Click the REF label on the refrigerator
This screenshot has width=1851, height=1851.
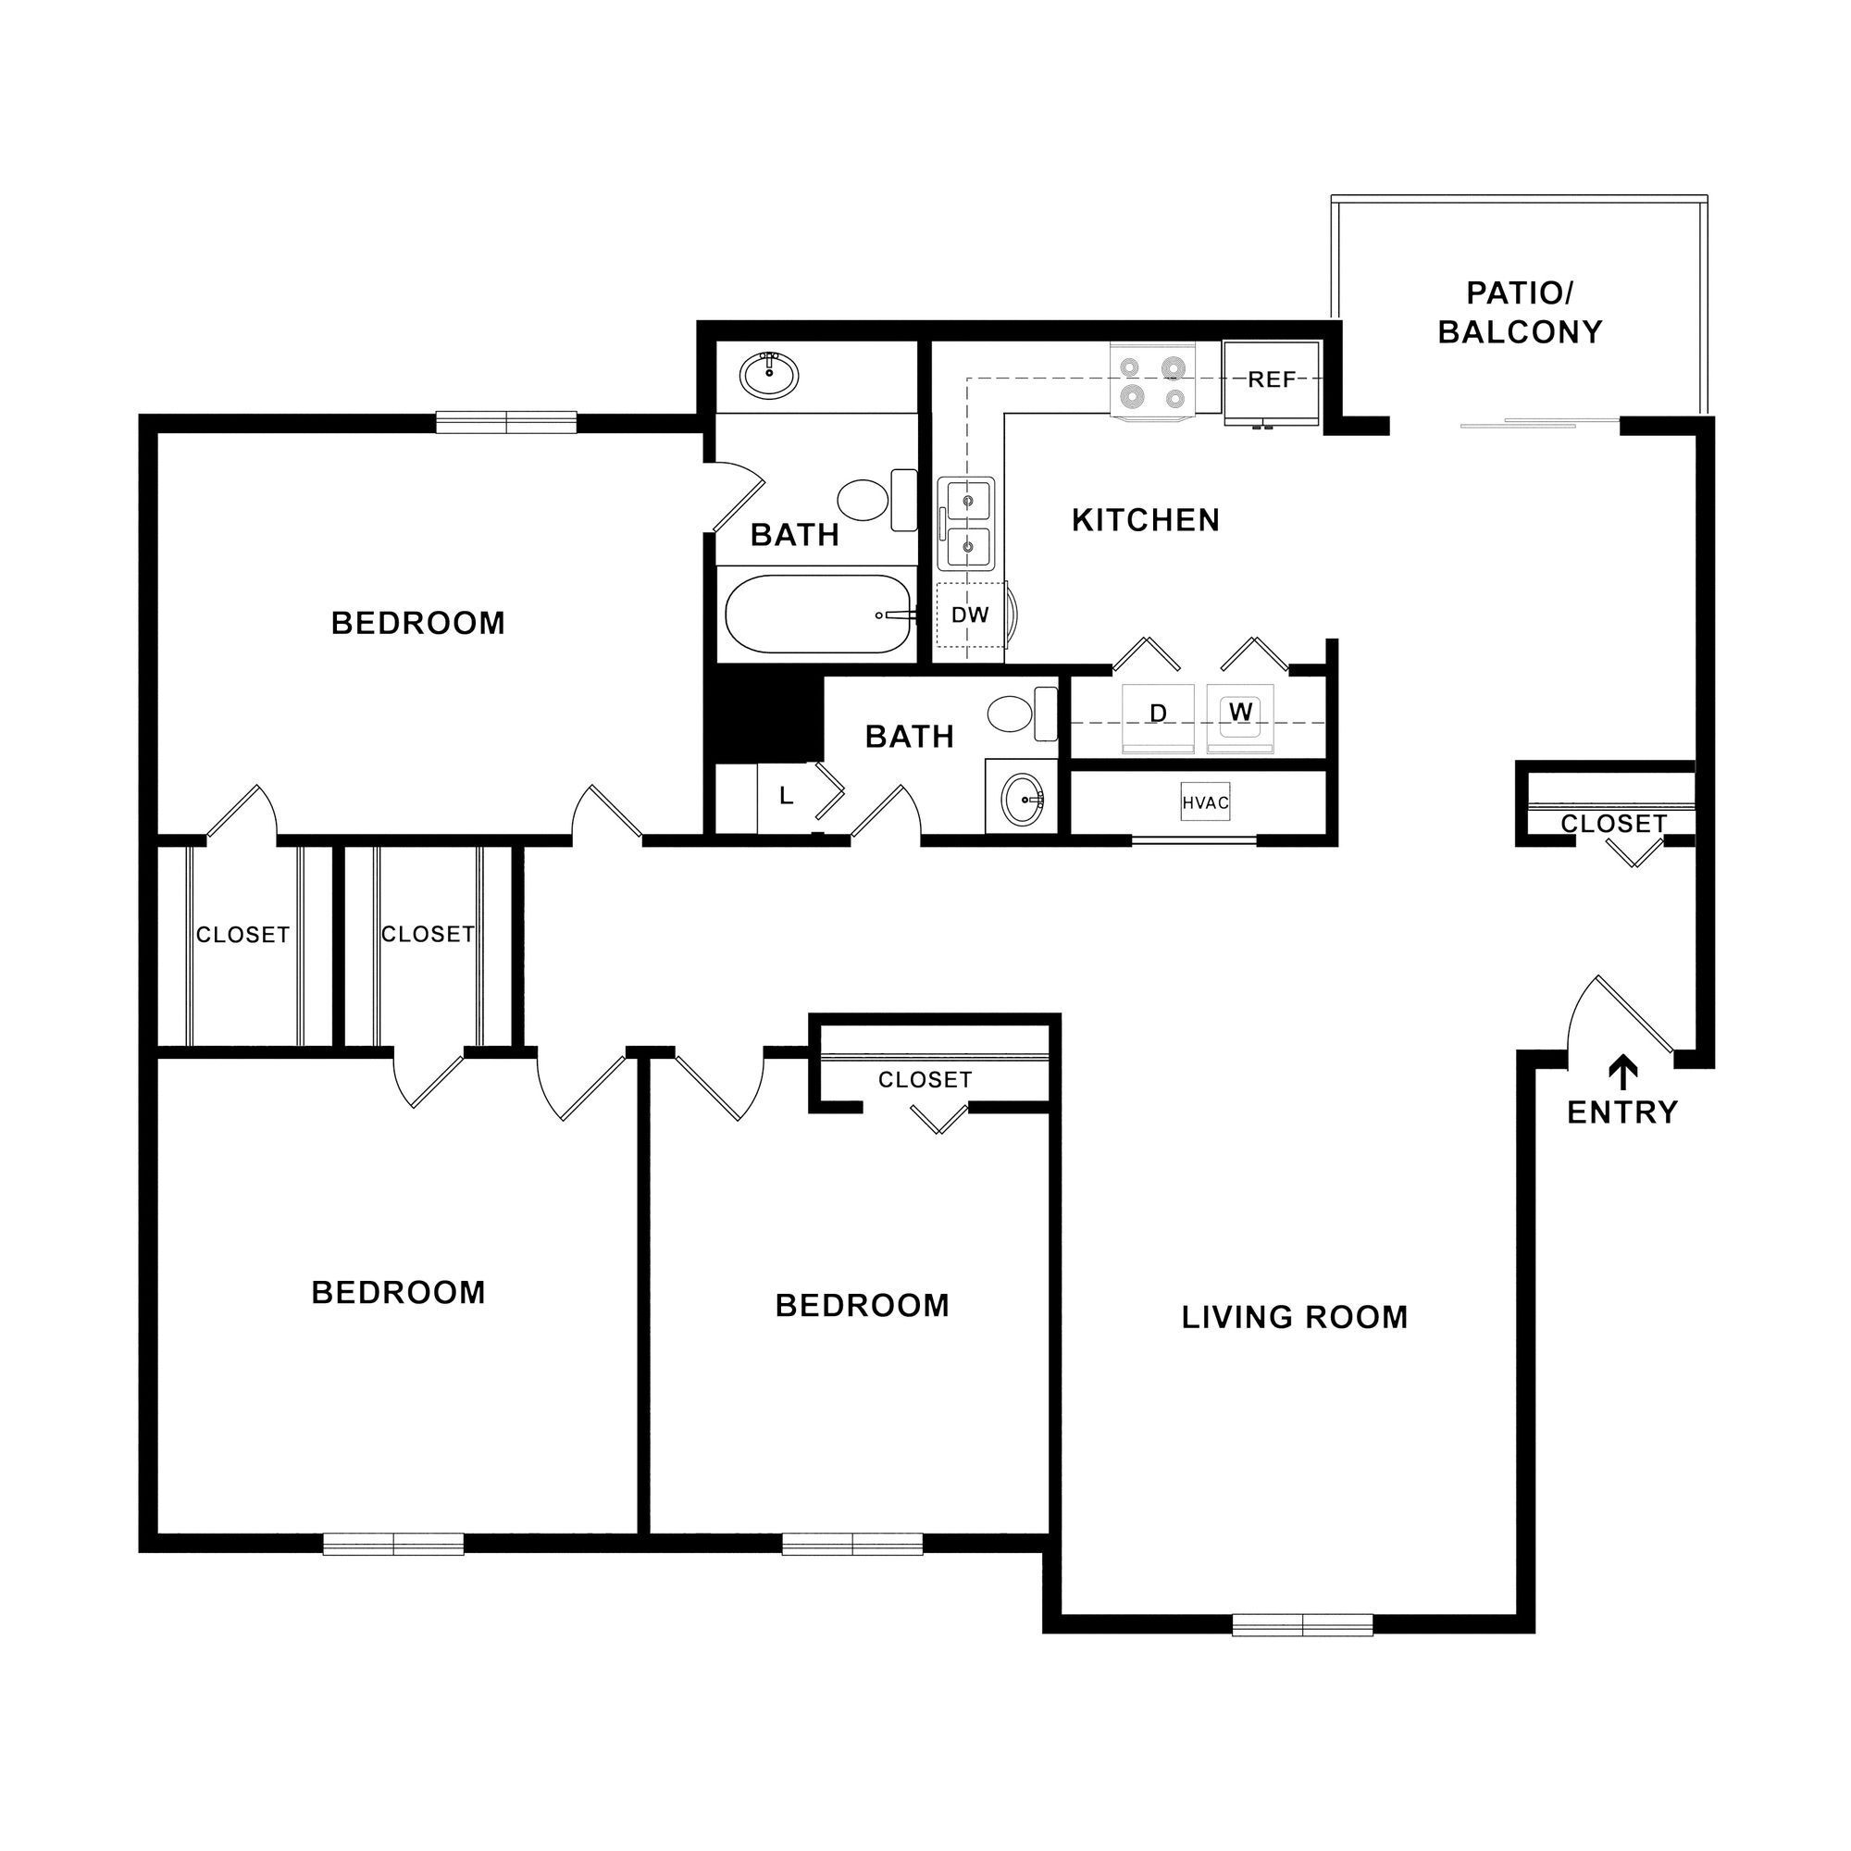point(1272,380)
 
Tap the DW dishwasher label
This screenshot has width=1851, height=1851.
point(970,615)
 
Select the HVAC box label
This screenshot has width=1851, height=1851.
point(1205,802)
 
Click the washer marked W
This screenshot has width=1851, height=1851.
point(1240,713)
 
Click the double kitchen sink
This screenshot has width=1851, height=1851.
point(967,524)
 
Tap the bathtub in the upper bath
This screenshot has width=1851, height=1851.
point(819,615)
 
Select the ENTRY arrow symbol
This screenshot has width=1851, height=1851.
point(1622,1073)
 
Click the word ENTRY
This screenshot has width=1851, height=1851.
point(1622,1113)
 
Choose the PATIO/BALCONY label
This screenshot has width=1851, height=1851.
point(1520,312)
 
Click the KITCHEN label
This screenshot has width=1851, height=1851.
point(1146,520)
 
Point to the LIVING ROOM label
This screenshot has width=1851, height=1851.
point(1295,1318)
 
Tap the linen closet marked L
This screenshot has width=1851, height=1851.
point(786,797)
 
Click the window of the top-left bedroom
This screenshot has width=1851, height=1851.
point(506,423)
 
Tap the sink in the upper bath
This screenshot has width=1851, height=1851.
point(768,376)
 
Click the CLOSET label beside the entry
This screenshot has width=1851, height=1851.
point(1613,824)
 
